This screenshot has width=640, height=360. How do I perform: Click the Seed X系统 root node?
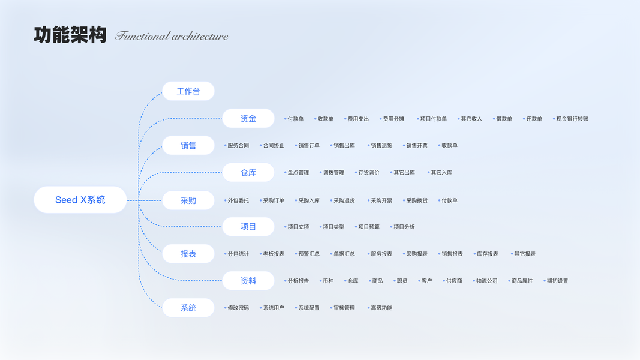point(80,200)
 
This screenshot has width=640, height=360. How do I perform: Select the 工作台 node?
point(188,91)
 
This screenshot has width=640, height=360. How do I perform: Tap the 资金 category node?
point(248,118)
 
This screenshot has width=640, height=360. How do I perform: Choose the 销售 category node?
point(188,145)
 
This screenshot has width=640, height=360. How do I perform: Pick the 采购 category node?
point(188,200)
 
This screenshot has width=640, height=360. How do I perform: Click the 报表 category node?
point(188,254)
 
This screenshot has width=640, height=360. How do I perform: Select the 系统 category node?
point(188,308)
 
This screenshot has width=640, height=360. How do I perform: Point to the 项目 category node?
point(248,227)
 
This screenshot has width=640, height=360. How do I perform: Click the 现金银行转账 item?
point(572,119)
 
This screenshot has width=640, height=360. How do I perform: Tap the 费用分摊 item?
point(393,119)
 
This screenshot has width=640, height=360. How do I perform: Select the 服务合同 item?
point(238,146)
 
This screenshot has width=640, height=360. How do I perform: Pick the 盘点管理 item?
point(298,173)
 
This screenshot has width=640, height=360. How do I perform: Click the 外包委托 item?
point(238,200)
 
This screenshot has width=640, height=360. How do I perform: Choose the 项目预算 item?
point(368,227)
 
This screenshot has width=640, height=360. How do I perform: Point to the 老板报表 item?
point(273,254)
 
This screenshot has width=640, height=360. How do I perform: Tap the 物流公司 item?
point(486,281)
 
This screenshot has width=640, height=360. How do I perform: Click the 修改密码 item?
point(238,308)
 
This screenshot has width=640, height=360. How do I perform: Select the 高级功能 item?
point(381,308)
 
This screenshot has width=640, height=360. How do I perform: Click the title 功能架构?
point(70,35)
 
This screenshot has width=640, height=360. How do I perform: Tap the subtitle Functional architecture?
point(172,36)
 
